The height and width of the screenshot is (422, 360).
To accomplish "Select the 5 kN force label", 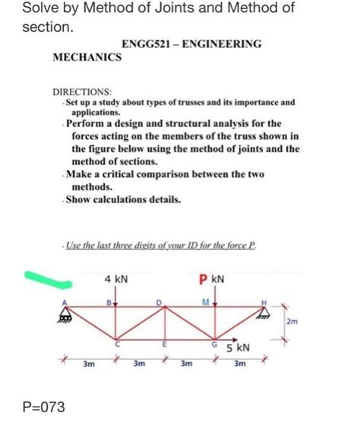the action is (237, 349).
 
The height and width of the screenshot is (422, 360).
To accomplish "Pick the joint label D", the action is (159, 303).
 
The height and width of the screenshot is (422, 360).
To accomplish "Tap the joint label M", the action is (207, 303).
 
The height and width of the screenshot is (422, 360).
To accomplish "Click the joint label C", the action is (116, 345).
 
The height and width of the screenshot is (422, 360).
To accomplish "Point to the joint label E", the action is (164, 345).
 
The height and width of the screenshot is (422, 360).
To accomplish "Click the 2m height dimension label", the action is (292, 322).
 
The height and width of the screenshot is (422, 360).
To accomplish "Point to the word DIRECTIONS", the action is (86, 90).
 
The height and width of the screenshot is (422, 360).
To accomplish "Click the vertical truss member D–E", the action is (163, 323).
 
